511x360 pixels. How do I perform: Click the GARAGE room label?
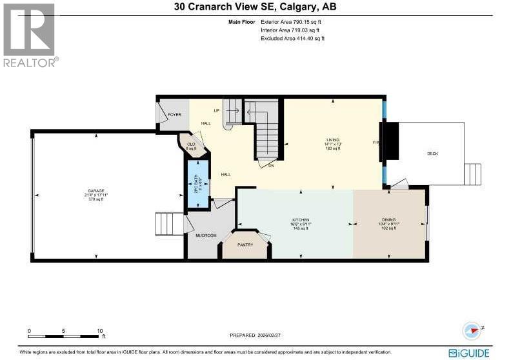click(95, 191)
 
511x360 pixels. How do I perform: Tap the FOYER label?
click(174, 114)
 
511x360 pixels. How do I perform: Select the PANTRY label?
click(245, 245)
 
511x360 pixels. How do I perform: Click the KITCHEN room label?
click(300, 220)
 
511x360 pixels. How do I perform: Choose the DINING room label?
click(389, 220)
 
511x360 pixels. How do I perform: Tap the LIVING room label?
click(333, 139)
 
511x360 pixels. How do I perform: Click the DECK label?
click(432, 154)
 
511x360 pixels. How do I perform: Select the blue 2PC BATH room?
click(198, 183)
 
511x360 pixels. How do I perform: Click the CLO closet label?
click(191, 145)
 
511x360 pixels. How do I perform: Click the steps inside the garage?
click(170, 224)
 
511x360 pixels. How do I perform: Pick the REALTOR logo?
click(30, 34)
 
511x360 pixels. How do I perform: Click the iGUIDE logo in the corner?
click(477, 352)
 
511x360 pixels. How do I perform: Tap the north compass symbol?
click(472, 331)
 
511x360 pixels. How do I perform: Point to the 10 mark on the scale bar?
click(99, 330)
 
